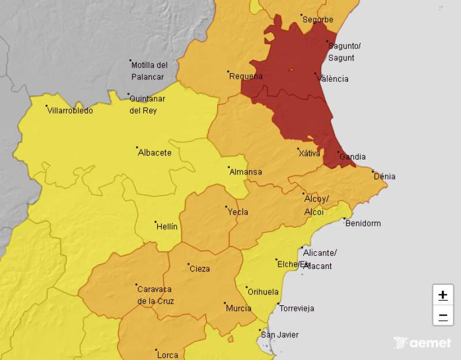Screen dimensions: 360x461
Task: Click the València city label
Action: [334, 79]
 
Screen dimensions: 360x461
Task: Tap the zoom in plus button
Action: [443, 295]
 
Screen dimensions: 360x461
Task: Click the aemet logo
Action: [422, 343]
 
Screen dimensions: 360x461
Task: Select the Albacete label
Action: [154, 153]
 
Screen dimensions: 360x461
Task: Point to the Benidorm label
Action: [362, 223]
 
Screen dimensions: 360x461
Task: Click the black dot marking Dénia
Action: [373, 171]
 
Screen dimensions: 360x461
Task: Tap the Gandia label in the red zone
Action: [352, 157]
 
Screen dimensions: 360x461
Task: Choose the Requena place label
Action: [245, 76]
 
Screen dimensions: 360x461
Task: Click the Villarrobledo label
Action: [70, 111]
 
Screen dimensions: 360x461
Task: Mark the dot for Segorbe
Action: [301, 16]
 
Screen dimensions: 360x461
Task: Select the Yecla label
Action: [238, 212]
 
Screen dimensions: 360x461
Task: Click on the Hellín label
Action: [167, 227]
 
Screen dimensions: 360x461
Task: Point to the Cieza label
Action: [199, 268]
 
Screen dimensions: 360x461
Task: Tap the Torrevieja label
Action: [296, 308]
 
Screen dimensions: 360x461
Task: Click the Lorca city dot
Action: [156, 349]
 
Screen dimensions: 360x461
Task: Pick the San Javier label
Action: [279, 335]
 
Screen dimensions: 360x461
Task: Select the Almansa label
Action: [245, 172]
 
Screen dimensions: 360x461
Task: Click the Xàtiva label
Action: [309, 153]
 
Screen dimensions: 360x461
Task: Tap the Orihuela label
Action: [263, 292]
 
